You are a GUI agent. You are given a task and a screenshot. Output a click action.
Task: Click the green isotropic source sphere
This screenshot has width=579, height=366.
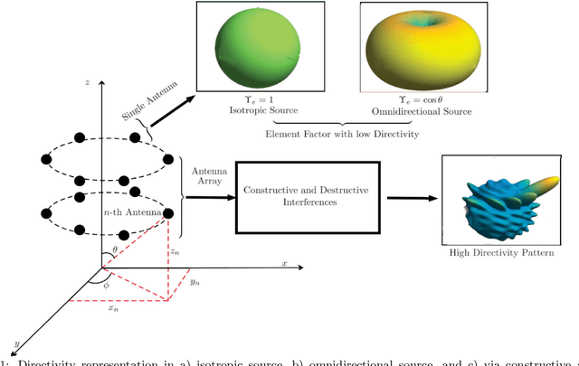pos(255,47)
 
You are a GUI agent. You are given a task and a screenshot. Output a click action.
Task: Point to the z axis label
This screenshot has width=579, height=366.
pos(86,82)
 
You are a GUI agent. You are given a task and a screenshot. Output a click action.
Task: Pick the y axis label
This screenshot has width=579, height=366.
pos(17,343)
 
